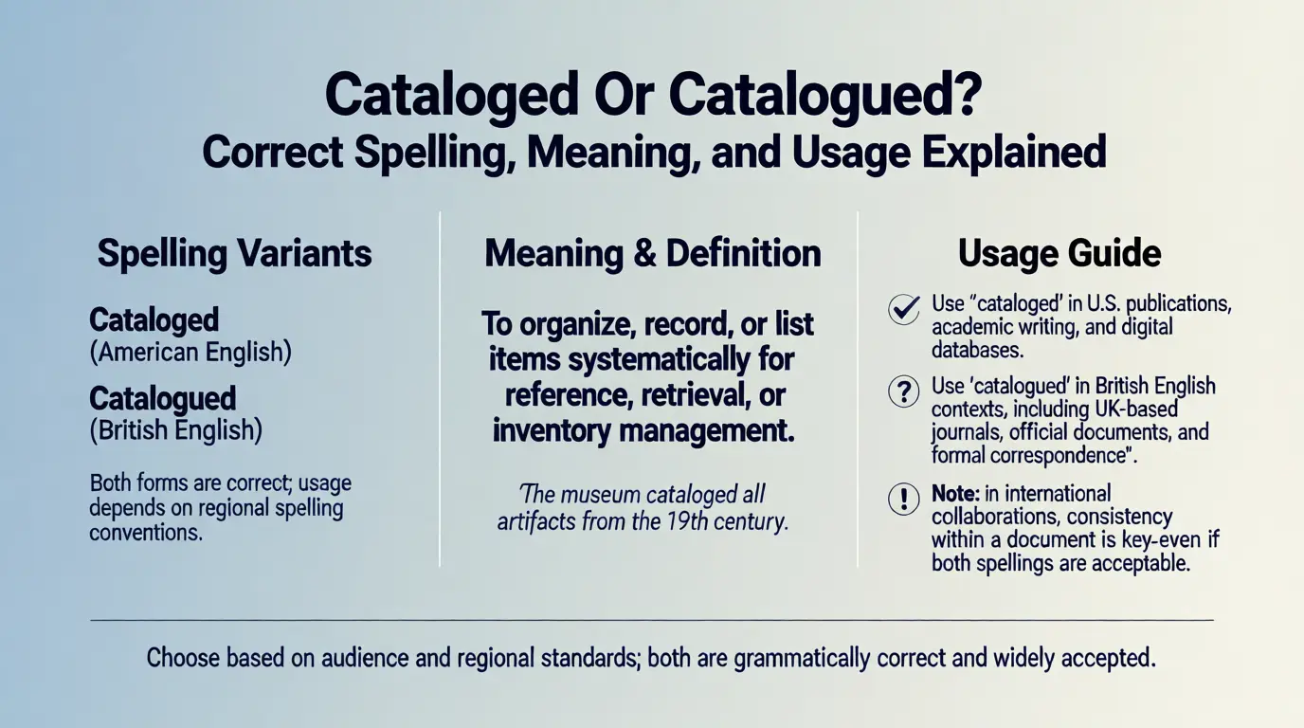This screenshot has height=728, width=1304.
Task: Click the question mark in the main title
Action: [965, 95]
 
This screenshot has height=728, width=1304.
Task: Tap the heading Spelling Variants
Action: [234, 254]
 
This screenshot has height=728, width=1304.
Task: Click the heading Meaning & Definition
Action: [653, 254]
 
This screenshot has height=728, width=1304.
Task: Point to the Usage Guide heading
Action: [1059, 254]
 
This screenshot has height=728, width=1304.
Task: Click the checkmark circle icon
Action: [903, 309]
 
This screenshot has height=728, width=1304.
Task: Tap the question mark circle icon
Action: [903, 391]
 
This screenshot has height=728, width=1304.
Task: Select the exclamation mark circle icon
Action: [903, 500]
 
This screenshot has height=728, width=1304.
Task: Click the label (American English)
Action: [190, 353]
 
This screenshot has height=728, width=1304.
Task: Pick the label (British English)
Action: [175, 430]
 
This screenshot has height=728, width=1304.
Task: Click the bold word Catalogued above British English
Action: [162, 398]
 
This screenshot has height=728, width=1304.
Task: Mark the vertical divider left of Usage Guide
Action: [858, 389]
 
